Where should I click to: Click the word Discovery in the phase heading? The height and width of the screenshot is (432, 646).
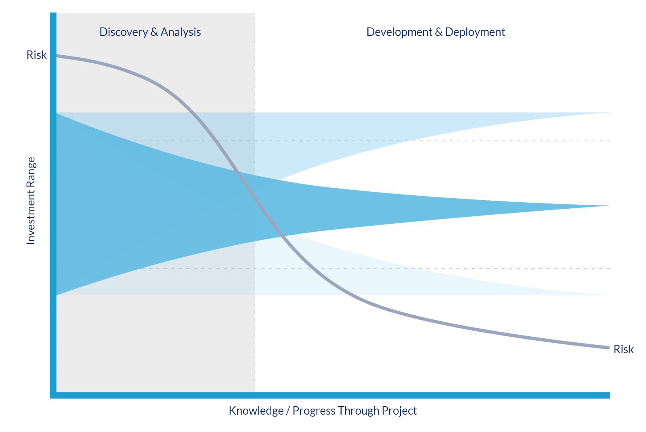[x=124, y=32]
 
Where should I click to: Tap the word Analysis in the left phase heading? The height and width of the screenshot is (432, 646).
[x=180, y=32]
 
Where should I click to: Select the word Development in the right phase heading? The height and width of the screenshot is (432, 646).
[x=399, y=32]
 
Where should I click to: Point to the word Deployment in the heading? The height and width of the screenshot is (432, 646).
[x=475, y=32]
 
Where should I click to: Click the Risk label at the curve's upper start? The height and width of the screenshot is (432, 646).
[x=37, y=55]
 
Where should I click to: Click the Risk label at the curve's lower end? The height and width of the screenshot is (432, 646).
[x=623, y=349]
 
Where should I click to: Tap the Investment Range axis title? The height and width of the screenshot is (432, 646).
[x=31, y=201]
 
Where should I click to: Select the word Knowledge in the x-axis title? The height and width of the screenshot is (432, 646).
[x=256, y=411]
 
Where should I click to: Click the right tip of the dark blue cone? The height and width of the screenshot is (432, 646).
[x=609, y=206]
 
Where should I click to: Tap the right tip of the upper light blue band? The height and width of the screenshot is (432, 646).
[x=610, y=113]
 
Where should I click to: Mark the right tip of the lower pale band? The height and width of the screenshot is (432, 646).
[x=609, y=295]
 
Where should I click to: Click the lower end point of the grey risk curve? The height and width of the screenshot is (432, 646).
[x=608, y=348]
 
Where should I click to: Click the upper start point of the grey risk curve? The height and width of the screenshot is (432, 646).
[x=57, y=55]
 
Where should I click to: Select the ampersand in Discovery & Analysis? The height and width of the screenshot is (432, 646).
[x=154, y=32]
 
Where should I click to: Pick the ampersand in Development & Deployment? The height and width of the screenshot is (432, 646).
[x=438, y=32]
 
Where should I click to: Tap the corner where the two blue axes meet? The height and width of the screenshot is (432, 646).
[x=53, y=395]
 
